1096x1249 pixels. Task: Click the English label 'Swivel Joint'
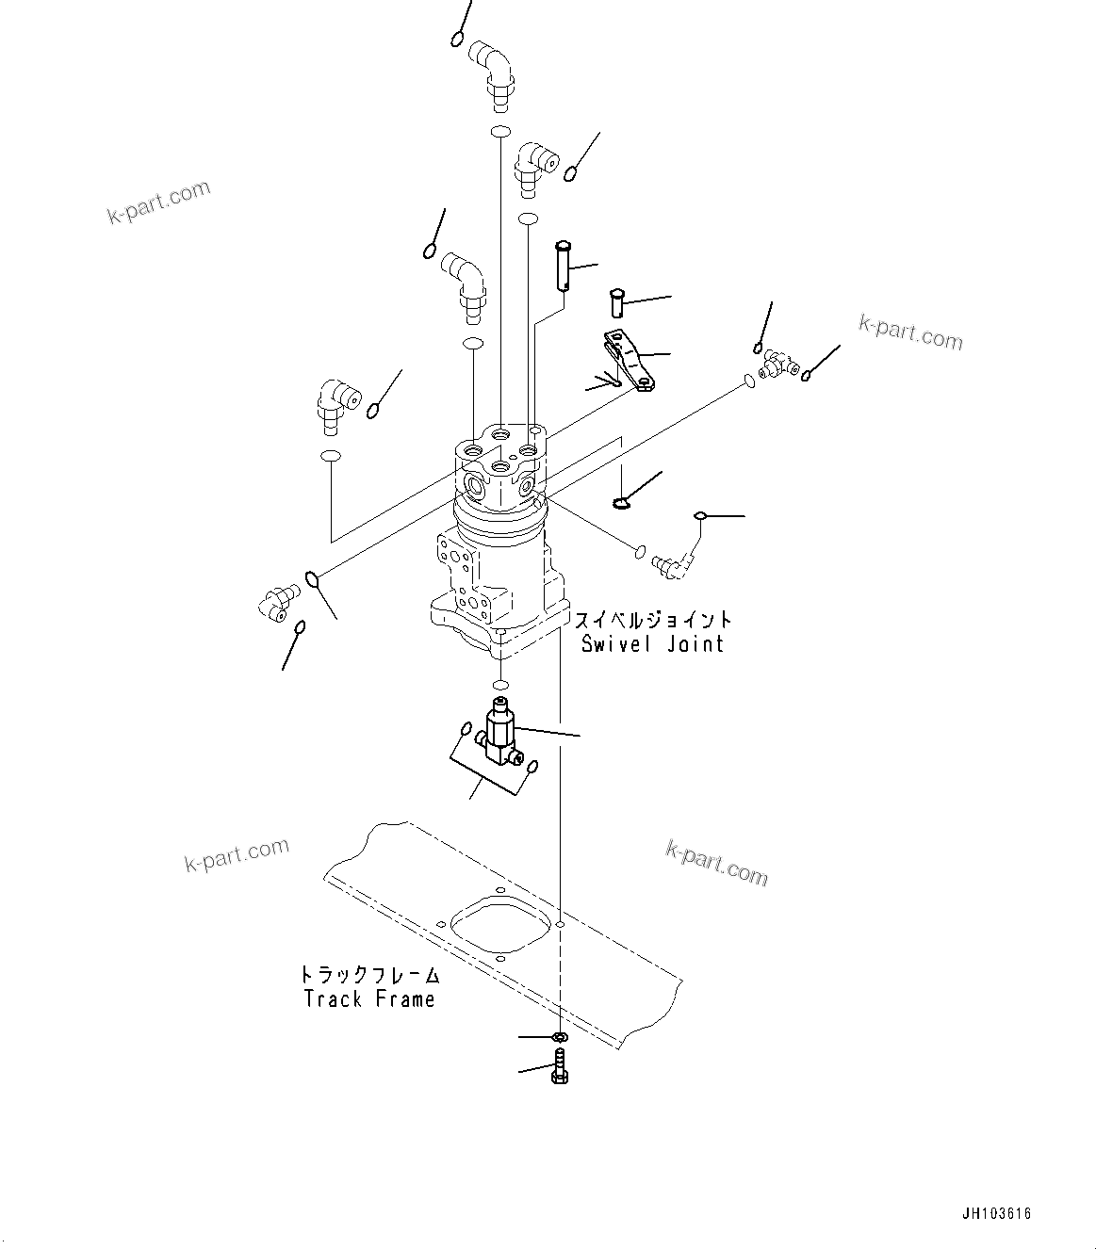point(652,644)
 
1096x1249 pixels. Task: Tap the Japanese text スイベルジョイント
point(653,620)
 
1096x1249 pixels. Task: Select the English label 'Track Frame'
point(369,998)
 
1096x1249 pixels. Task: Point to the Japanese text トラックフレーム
point(369,975)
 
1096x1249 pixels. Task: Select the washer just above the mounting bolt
point(560,1037)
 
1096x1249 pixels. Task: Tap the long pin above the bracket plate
point(564,266)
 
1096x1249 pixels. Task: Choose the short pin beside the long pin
point(617,302)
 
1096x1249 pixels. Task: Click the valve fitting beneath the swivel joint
point(499,736)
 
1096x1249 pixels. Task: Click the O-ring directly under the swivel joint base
point(501,683)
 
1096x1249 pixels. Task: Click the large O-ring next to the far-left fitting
point(312,578)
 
